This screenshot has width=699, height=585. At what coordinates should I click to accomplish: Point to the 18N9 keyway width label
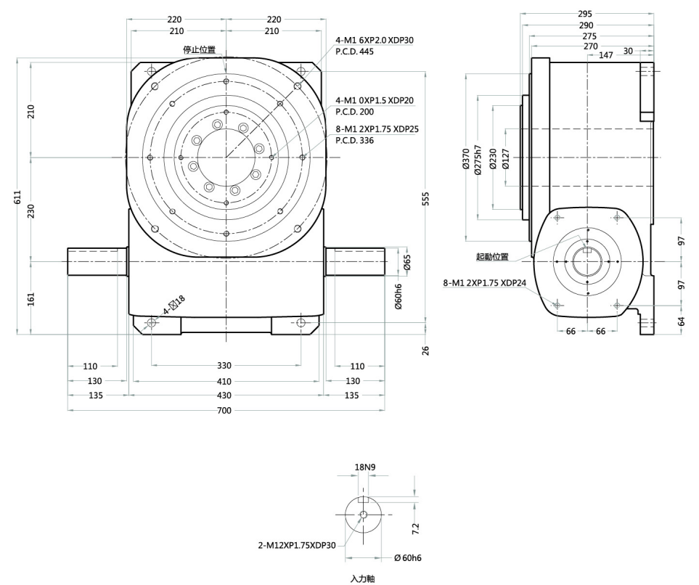pyautogui.click(x=364, y=467)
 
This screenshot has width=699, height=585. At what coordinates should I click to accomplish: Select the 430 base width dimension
pyautogui.click(x=224, y=396)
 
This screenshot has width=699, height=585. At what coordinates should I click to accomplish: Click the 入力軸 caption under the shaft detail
pyautogui.click(x=361, y=578)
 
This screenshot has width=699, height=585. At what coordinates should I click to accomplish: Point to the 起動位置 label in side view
pyautogui.click(x=491, y=257)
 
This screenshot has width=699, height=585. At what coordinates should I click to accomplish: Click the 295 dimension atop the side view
pyautogui.click(x=585, y=14)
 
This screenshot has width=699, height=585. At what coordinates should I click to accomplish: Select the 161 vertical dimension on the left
pyautogui.click(x=31, y=297)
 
